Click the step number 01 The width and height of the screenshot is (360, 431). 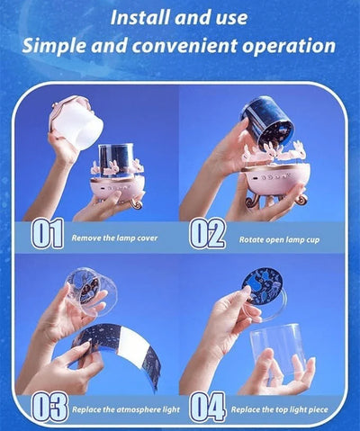pos(48,234)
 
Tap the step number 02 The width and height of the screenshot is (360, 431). pos(208,234)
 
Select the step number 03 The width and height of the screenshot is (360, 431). pos(49,408)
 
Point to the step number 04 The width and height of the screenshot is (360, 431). pos(208,408)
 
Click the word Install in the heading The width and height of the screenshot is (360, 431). pos(140,18)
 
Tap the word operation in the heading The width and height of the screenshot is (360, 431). pos(289,46)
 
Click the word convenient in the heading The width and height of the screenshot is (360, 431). pos(185,46)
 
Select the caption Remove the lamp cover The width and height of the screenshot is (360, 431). pos(114,238)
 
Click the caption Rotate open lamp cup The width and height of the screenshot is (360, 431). pos(279,239)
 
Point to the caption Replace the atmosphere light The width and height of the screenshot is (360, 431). pos(126,409)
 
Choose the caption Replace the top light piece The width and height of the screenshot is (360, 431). pos(279,409)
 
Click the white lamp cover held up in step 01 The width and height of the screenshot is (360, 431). pos(75,122)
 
